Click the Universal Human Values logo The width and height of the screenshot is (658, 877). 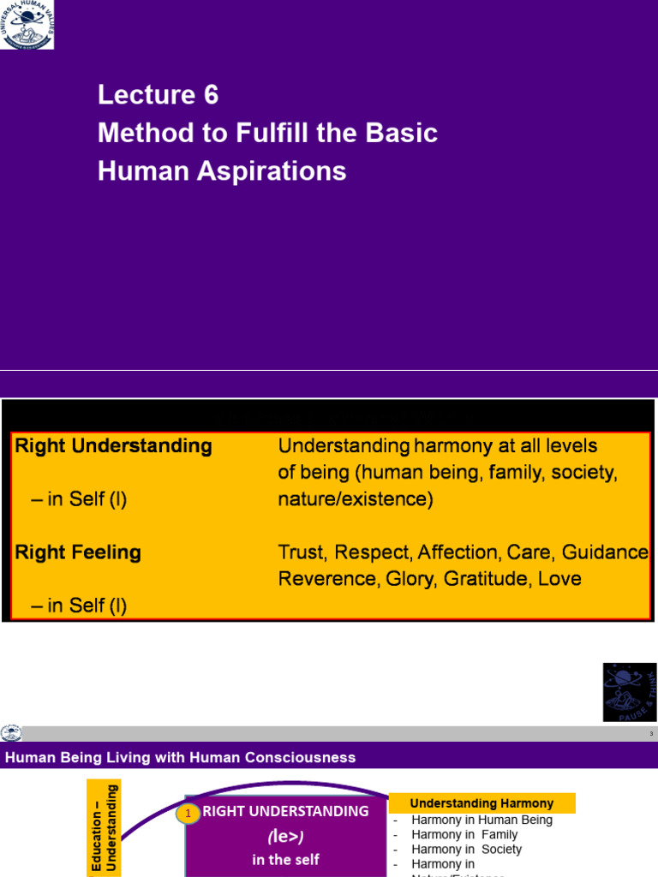tap(27, 24)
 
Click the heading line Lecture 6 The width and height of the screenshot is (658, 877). tap(158, 94)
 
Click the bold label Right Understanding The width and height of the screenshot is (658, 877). tap(113, 446)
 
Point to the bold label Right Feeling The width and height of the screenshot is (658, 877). tap(78, 552)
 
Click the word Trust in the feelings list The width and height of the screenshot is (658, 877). tap(301, 552)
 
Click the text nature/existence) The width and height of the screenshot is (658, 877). tap(355, 499)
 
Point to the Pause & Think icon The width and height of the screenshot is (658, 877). tap(630, 691)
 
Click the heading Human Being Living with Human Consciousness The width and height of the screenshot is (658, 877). tap(181, 757)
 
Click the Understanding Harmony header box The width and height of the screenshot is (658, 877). tap(482, 803)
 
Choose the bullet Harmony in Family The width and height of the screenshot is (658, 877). tap(464, 834)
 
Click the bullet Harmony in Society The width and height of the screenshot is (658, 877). tap(466, 850)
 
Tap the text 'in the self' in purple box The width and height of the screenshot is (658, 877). tap(284, 860)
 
